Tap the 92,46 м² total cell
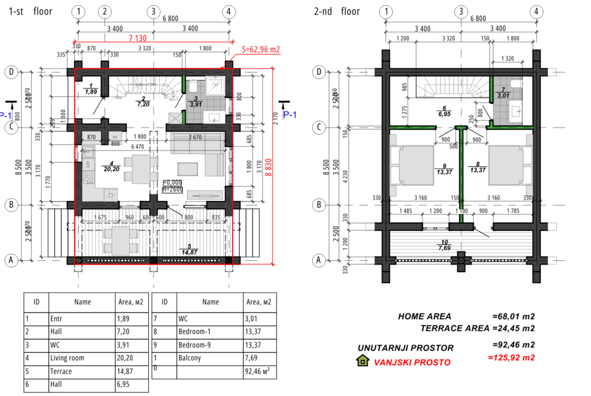tap(256, 371)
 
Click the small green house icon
tap(362, 360)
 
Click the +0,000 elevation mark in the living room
tap(173, 182)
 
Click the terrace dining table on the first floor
tap(119, 240)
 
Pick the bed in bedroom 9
tap(412, 165)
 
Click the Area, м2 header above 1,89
tap(130, 301)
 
